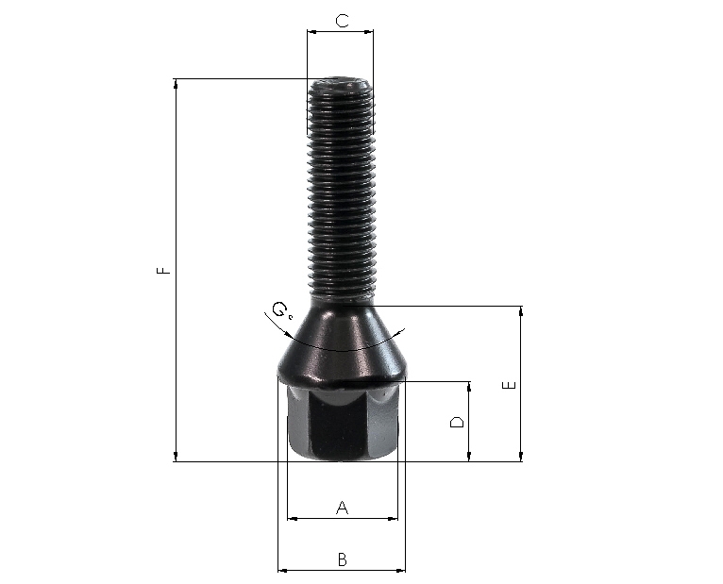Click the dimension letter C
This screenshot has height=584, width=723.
342,21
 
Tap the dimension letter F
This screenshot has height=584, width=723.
163,270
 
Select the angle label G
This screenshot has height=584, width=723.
279,309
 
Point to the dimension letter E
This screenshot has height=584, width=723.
510,385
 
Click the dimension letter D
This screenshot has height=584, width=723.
457,422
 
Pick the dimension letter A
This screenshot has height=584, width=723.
342,508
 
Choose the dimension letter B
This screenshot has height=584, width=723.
342,559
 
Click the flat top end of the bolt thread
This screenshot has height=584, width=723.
340,82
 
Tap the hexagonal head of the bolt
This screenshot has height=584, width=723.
342,423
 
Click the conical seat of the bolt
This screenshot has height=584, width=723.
342,345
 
